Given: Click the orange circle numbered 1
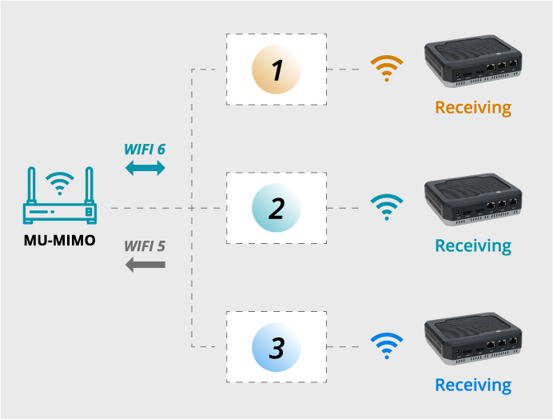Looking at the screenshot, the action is click(276, 70).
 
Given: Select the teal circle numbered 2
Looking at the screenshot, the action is click(276, 208).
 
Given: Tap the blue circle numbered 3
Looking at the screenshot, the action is click(276, 347).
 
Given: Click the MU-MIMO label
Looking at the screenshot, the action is click(60, 241).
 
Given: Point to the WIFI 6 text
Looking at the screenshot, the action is click(145, 150).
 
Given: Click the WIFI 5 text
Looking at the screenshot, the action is click(145, 246).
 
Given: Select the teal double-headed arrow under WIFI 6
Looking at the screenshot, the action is click(145, 168).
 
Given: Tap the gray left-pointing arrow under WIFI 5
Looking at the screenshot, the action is click(145, 265).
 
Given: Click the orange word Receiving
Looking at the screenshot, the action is click(473, 108).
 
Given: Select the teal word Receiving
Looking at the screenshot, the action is click(473, 246).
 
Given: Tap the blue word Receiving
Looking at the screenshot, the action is click(473, 385).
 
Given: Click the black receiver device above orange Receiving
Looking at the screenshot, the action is click(473, 61).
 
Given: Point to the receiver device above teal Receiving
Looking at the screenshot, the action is click(473, 199).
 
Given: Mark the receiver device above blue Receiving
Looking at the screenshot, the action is click(473, 338).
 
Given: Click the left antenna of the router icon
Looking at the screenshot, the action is click(32, 186).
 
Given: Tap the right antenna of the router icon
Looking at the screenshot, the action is click(90, 186).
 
